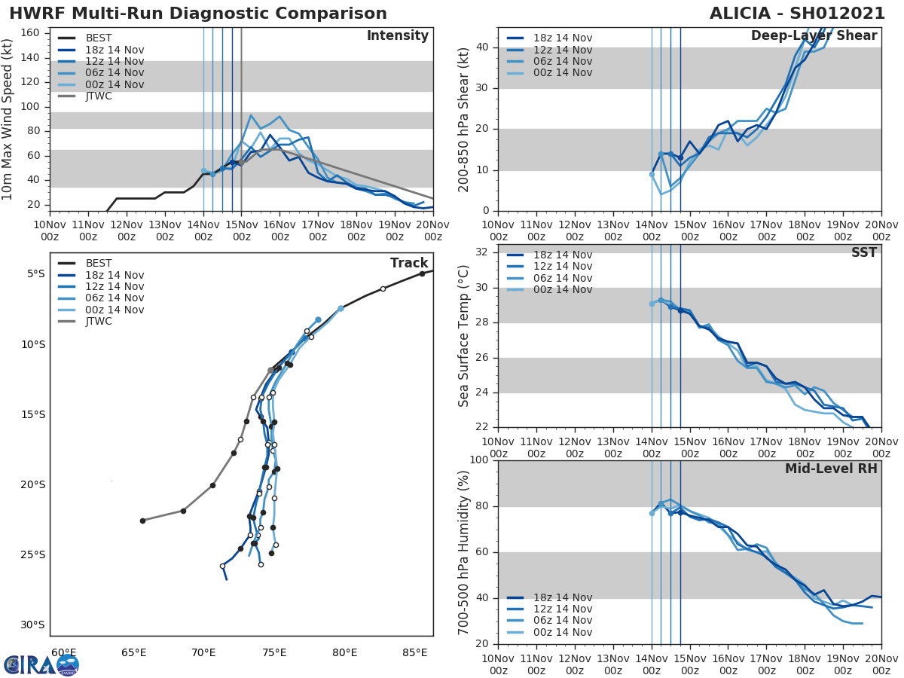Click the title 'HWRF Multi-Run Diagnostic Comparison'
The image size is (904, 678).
(x=198, y=14)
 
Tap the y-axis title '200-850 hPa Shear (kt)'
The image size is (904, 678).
(x=464, y=119)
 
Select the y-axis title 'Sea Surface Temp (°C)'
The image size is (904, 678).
(x=464, y=336)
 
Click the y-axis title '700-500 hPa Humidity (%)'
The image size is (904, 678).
(x=464, y=552)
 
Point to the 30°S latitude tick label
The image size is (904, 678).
(x=32, y=625)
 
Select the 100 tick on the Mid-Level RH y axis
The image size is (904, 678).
(x=479, y=460)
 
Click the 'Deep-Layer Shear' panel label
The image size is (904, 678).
(x=814, y=36)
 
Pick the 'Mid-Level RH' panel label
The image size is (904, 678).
(x=831, y=469)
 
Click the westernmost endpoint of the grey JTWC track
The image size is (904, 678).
(x=142, y=521)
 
